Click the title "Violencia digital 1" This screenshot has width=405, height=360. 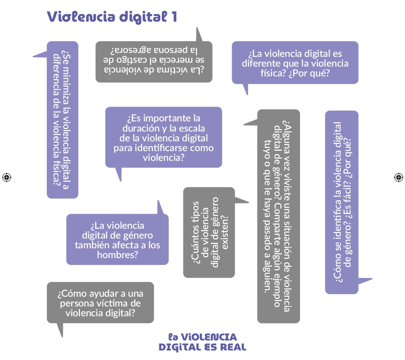(112, 17)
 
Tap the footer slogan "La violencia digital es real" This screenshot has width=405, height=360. (202, 342)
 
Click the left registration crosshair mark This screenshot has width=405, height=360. (6, 177)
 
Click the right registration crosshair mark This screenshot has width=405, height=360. (398, 177)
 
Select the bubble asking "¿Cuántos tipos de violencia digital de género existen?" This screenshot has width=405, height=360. (209, 232)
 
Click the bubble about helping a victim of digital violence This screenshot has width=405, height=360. (100, 303)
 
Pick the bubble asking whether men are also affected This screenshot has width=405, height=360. (117, 239)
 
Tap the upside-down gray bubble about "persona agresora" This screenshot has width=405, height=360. (154, 61)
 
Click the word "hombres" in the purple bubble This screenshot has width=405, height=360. (117, 255)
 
